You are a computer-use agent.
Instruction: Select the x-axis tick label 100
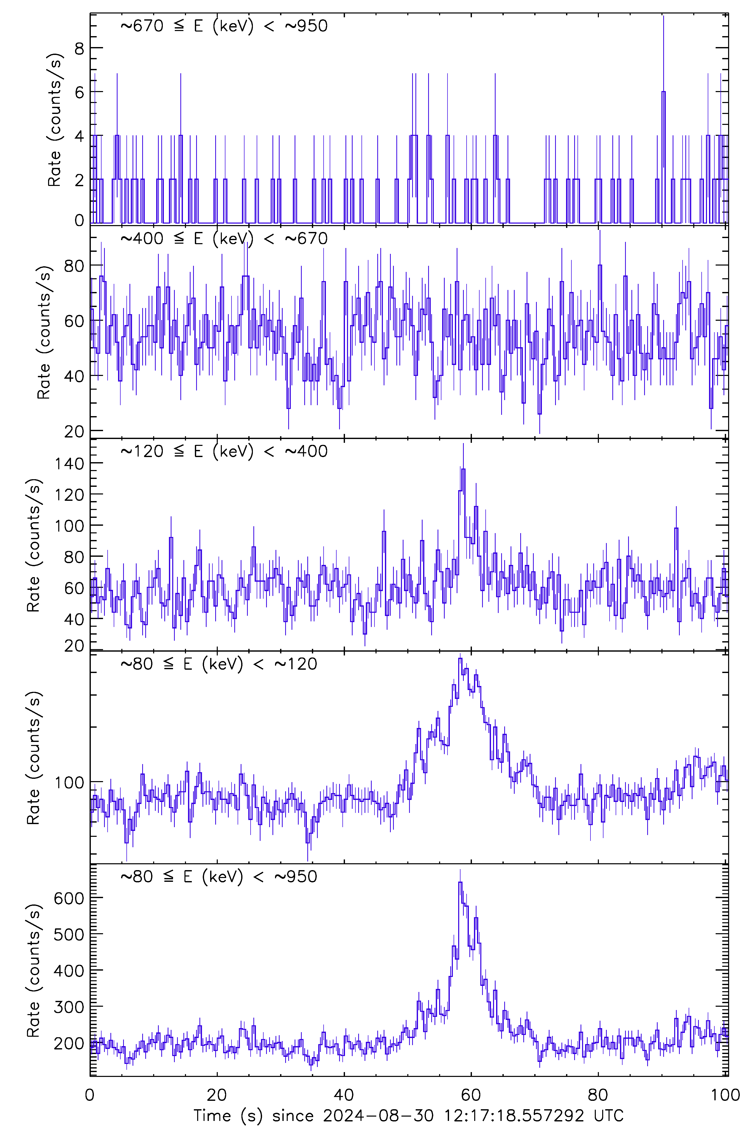point(725,1095)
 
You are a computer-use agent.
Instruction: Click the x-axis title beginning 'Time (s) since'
point(408,1116)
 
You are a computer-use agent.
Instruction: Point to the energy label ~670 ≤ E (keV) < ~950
point(224,26)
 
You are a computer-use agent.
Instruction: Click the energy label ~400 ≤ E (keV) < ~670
point(224,238)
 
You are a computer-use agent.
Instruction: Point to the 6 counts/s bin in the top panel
point(663,92)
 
